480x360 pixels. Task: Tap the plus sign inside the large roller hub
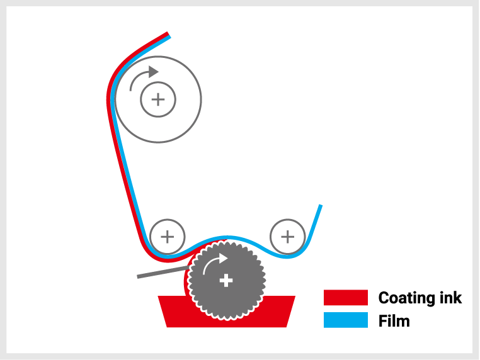pos(158,99)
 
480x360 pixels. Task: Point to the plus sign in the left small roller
pos(168,237)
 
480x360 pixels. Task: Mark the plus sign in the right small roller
pos(288,237)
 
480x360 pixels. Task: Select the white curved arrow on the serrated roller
pos(214,263)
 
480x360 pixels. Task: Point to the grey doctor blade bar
pos(157,273)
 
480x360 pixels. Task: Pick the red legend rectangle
pos(345,298)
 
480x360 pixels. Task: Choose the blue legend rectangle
pos(345,320)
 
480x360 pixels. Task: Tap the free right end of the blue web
pos(321,206)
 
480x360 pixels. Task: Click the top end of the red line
pos(168,33)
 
